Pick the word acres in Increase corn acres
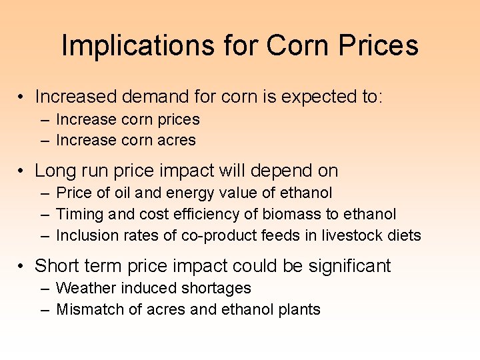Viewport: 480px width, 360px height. coord(178,141)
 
